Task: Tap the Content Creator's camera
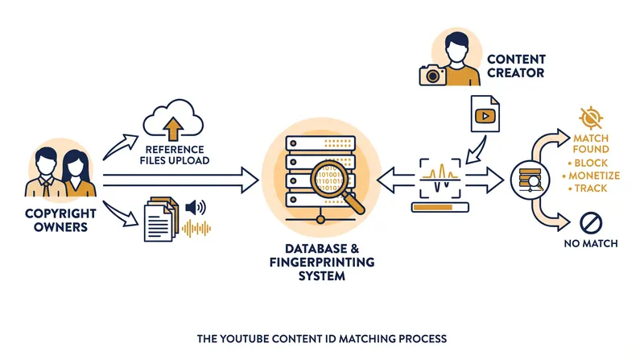(432, 75)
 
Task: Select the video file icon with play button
(485, 114)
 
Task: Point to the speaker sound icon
(196, 208)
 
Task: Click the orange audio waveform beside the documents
(196, 229)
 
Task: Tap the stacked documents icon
(161, 219)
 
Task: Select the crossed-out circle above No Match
(591, 223)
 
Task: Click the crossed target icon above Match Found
(591, 118)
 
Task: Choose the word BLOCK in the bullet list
(591, 163)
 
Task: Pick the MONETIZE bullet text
(594, 176)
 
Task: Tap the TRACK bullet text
(591, 188)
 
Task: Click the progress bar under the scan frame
(440, 207)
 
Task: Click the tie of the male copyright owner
(46, 188)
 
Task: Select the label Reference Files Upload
(175, 155)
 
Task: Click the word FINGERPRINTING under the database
(322, 263)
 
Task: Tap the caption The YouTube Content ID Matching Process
(322, 338)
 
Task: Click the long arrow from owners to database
(180, 180)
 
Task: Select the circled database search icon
(530, 180)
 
